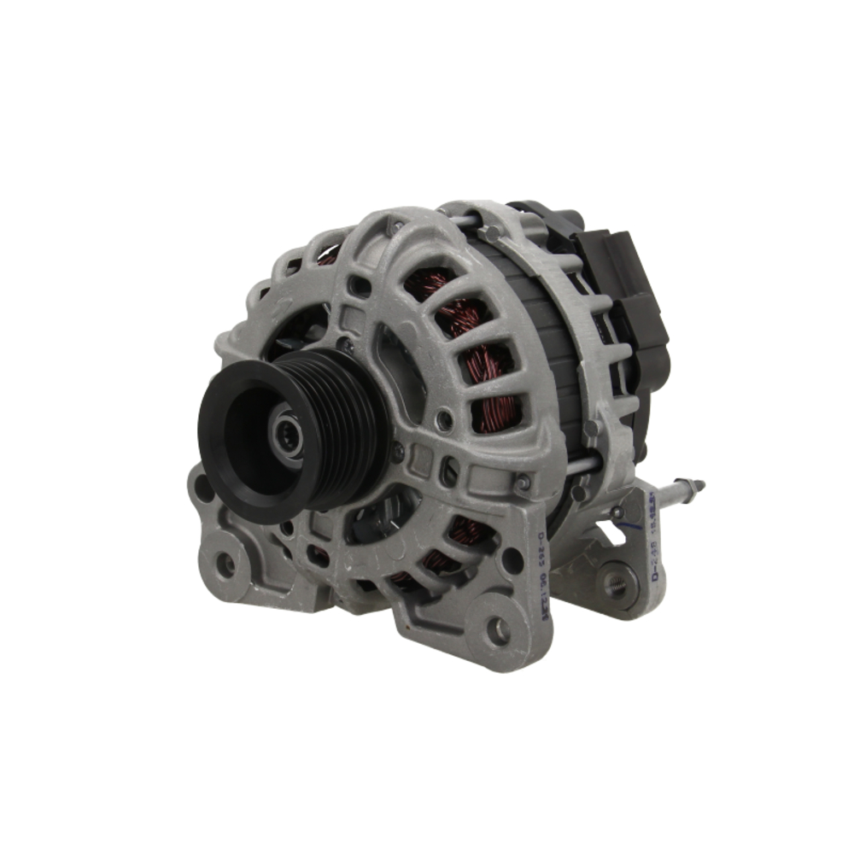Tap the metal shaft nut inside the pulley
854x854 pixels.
[285, 436]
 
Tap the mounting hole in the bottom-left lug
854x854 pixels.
[225, 564]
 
